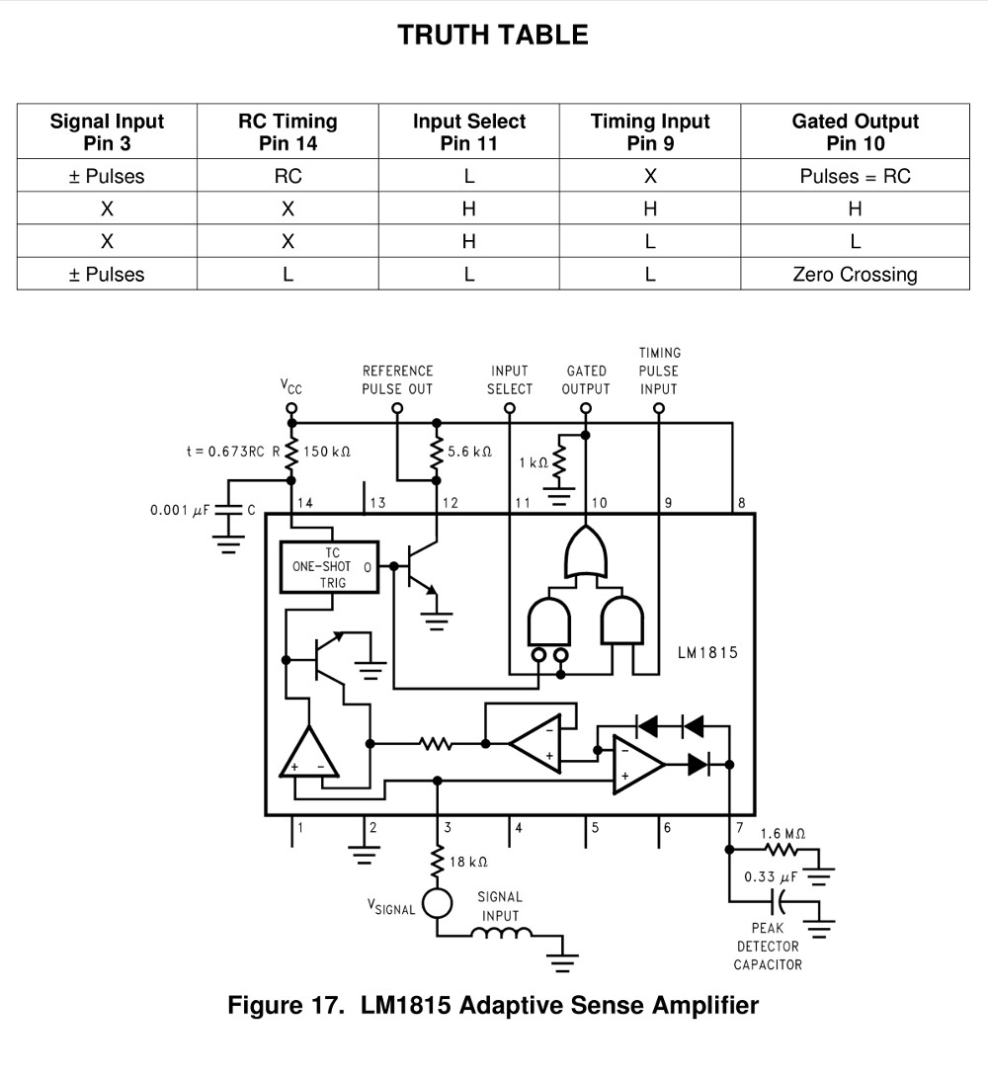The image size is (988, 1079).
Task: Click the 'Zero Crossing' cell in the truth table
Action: [855, 274]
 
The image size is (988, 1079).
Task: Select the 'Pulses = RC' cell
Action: [855, 176]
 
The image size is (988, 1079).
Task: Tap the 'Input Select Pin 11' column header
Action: [468, 132]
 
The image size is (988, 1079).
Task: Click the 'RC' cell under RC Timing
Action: [288, 176]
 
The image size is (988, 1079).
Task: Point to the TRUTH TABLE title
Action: [493, 36]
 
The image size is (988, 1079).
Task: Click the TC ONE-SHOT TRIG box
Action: [330, 568]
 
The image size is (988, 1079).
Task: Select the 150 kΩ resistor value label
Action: [327, 452]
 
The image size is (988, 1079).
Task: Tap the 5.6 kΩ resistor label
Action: [470, 452]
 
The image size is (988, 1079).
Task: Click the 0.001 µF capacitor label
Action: [180, 510]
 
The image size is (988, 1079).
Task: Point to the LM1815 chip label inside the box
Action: [707, 652]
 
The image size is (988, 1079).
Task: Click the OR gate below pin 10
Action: [586, 552]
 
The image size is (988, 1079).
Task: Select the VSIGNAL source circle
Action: [437, 903]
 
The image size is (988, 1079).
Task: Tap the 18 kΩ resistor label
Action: [468, 862]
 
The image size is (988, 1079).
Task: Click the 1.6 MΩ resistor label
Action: [782, 834]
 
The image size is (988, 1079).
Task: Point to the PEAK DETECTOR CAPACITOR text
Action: [768, 947]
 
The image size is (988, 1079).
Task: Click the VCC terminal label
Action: [291, 386]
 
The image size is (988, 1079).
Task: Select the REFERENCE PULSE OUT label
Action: [398, 379]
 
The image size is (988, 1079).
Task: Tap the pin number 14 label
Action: [304, 503]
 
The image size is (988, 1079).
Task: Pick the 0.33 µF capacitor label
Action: [772, 877]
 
